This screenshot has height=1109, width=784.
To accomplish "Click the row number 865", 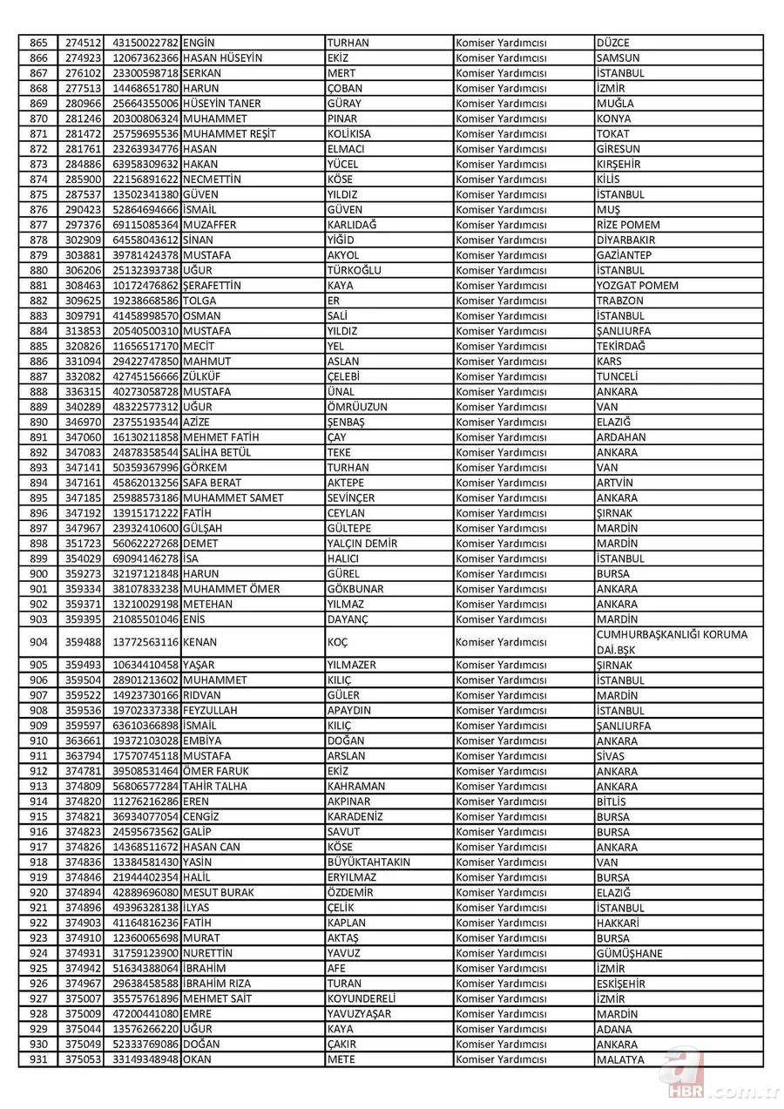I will click(37, 43).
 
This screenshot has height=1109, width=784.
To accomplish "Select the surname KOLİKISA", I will click(348, 133).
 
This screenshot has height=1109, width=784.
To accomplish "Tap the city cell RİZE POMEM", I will click(628, 225).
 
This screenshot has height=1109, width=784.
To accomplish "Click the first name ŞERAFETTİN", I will click(213, 286).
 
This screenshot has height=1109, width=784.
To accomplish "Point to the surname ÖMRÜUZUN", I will click(357, 407).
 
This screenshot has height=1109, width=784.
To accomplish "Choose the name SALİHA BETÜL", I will click(217, 452).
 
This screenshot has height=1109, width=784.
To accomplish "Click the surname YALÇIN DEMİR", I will click(362, 544).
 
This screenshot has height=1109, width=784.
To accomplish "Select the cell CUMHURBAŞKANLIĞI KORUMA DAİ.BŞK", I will click(672, 642).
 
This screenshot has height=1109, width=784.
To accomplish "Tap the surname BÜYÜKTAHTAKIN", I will click(368, 862).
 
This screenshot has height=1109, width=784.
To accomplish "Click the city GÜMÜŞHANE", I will click(629, 953).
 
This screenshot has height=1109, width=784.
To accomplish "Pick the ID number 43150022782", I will click(145, 43).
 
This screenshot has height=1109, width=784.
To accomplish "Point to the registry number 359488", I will click(84, 642).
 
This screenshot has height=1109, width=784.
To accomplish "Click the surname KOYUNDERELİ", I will click(362, 998).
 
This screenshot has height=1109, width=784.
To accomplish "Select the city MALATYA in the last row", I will click(620, 1059).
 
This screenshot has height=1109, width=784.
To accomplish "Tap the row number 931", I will click(37, 1059).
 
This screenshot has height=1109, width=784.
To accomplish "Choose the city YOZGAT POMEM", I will click(637, 286).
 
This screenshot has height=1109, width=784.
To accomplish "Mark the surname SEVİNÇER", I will click(351, 497).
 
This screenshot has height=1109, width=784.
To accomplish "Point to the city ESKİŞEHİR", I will click(621, 984).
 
